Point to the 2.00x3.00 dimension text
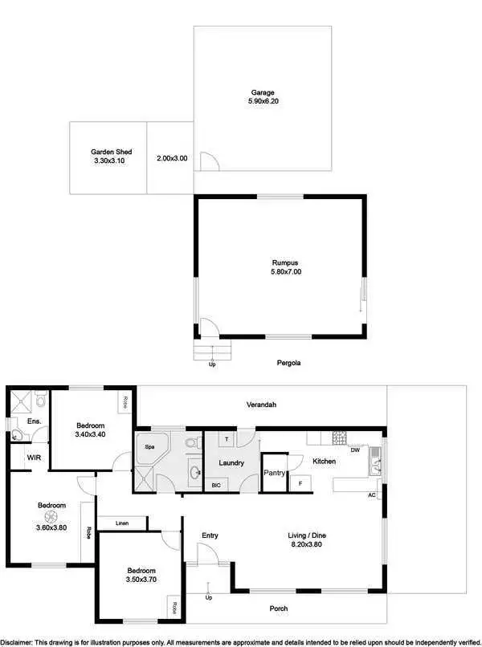[172, 158]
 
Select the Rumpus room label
[280, 262]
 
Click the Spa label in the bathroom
[149, 446]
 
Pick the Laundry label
[231, 462]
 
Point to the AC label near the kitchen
[372, 494]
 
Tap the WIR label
[34, 457]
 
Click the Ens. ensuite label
[34, 421]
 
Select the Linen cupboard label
[122, 523]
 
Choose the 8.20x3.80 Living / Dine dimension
[306, 545]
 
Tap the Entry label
[210, 535]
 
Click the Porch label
[278, 608]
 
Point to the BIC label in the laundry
[216, 485]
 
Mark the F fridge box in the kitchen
[300, 482]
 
